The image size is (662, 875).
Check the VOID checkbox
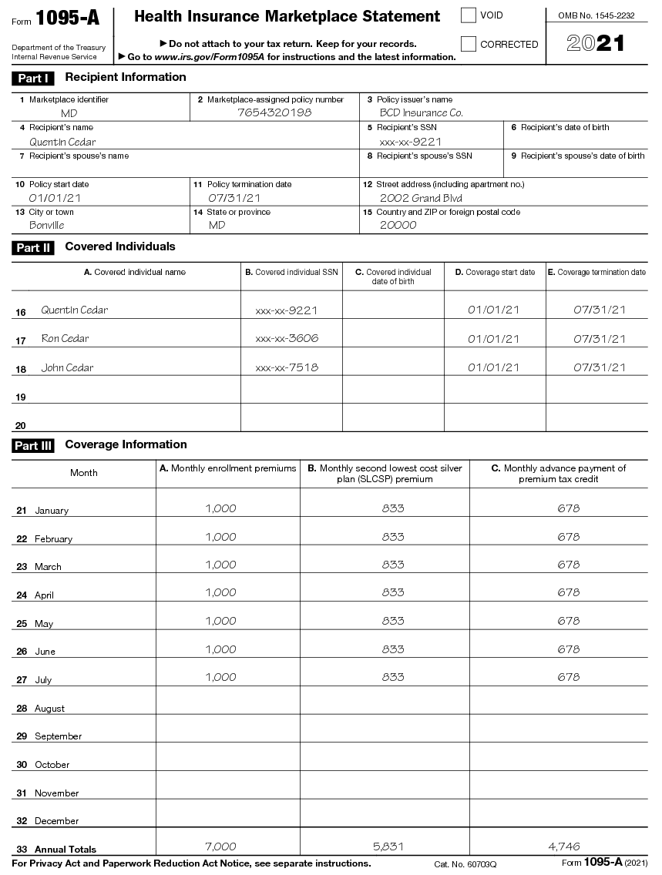tap(469, 15)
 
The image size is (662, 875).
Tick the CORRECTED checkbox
tap(469, 44)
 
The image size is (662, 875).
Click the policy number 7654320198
tap(274, 112)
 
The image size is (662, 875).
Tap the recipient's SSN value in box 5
tap(410, 142)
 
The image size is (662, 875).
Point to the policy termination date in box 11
tap(229, 198)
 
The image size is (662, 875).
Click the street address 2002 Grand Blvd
tap(421, 198)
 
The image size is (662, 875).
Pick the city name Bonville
tap(47, 226)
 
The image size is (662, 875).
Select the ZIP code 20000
tap(398, 226)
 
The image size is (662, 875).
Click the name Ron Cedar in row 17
tap(65, 339)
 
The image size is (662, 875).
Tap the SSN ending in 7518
tap(287, 368)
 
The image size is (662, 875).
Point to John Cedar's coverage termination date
tap(600, 368)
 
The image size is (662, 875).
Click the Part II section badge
tap(34, 248)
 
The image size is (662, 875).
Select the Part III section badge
tap(34, 446)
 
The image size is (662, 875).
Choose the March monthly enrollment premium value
tap(220, 565)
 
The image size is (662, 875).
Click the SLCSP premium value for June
tap(393, 649)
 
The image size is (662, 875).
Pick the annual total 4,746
tap(564, 847)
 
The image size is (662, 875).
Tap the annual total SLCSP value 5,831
tap(393, 847)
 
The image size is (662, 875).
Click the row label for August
tap(49, 709)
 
